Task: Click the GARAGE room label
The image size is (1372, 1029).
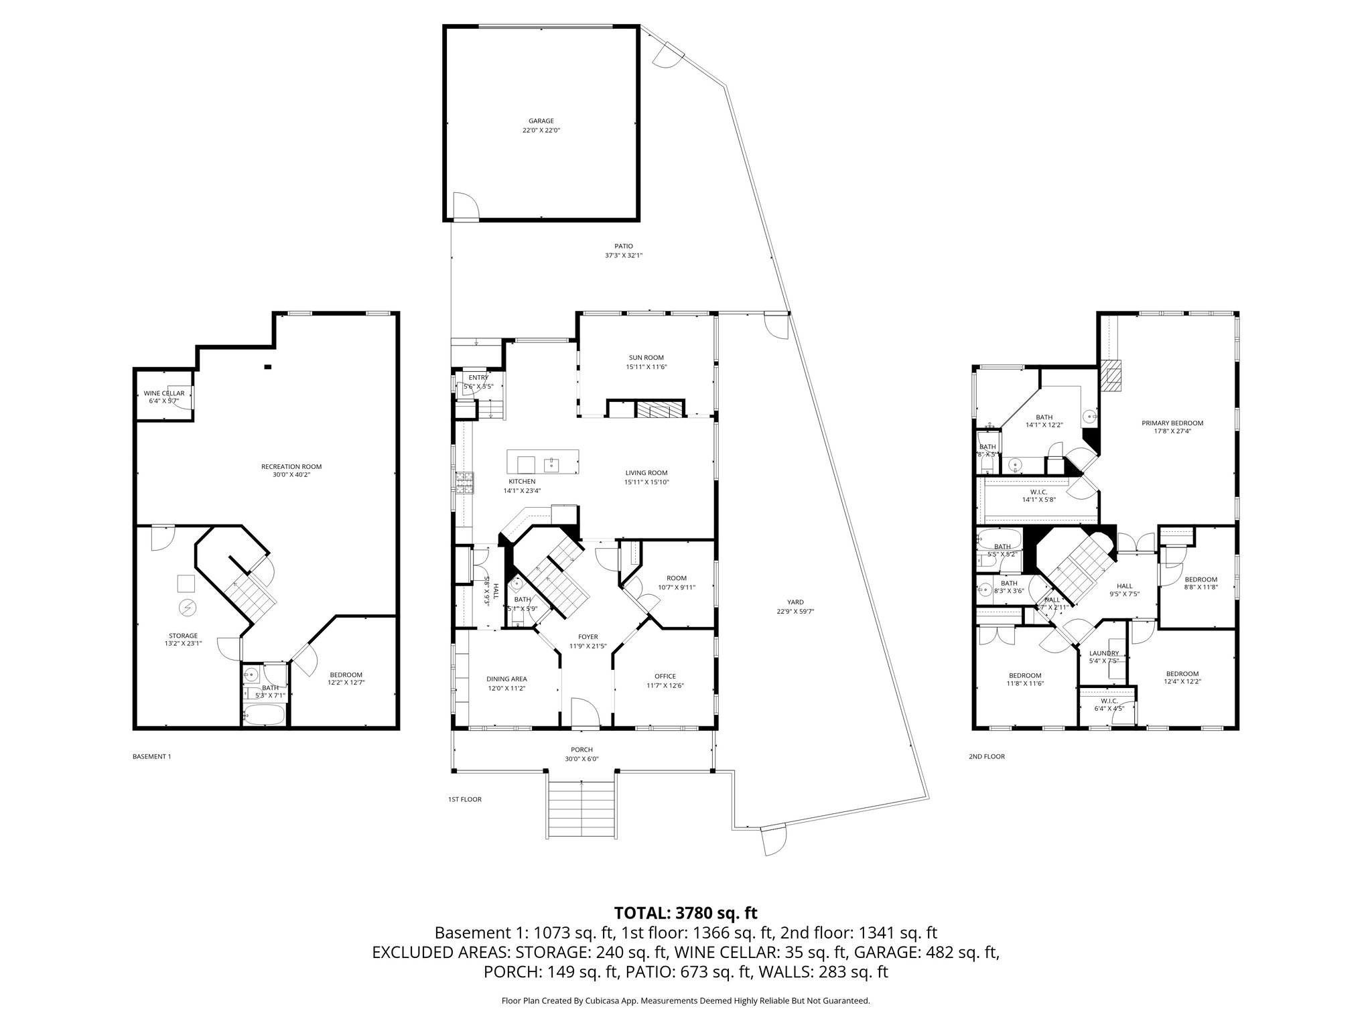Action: pyautogui.click(x=541, y=121)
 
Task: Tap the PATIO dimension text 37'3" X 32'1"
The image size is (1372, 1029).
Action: pyautogui.click(x=623, y=255)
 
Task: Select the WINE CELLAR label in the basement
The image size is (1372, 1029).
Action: pyautogui.click(x=163, y=393)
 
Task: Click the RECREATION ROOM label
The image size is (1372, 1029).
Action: pyautogui.click(x=291, y=467)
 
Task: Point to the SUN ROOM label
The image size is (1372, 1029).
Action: pyautogui.click(x=646, y=358)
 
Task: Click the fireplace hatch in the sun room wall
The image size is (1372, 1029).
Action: pyautogui.click(x=659, y=409)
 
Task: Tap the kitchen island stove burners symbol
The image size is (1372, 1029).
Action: pyautogui.click(x=464, y=483)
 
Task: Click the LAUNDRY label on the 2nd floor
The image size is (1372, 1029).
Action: pyautogui.click(x=1103, y=653)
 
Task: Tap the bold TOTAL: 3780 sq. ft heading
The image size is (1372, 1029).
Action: pyautogui.click(x=685, y=912)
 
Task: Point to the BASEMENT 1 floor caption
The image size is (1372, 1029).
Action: pyautogui.click(x=152, y=756)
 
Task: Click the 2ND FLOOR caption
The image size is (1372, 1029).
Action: pyautogui.click(x=986, y=756)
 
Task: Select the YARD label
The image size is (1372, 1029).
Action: pyautogui.click(x=795, y=602)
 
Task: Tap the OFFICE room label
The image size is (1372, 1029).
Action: pyautogui.click(x=665, y=676)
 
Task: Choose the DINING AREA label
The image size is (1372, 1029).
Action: pyautogui.click(x=506, y=679)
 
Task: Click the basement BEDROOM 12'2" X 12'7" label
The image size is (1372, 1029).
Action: pyautogui.click(x=346, y=675)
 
